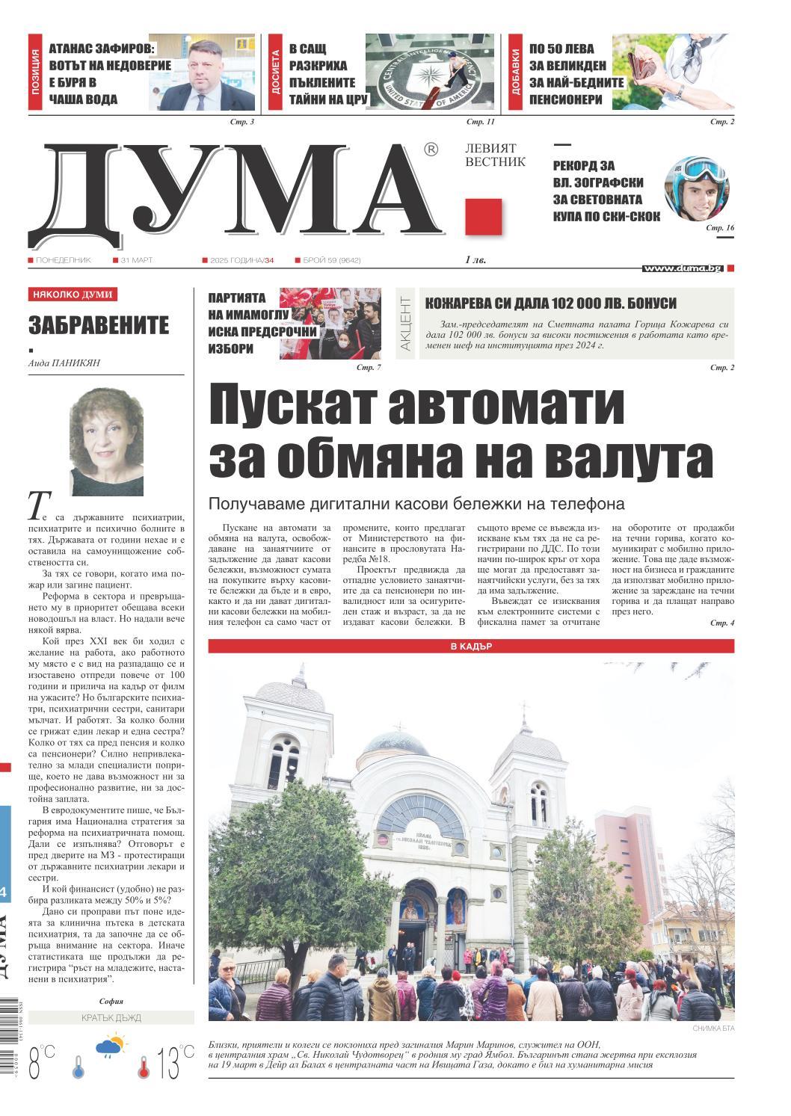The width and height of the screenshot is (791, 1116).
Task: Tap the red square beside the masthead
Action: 483,218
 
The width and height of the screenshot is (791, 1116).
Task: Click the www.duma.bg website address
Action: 682,268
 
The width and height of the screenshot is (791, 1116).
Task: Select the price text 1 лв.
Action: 476,260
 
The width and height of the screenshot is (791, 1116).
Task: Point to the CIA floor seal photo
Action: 430,73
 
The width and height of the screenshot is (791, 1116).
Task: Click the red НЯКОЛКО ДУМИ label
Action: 73,295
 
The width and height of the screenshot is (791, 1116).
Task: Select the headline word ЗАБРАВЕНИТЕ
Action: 99,325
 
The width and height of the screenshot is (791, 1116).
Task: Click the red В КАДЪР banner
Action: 471,646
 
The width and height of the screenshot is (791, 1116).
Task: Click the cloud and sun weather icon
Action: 110,1045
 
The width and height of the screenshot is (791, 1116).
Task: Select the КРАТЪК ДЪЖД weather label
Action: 111,1017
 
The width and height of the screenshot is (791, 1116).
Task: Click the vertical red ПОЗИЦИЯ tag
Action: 36,73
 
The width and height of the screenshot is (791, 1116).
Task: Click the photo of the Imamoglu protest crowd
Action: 330,323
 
